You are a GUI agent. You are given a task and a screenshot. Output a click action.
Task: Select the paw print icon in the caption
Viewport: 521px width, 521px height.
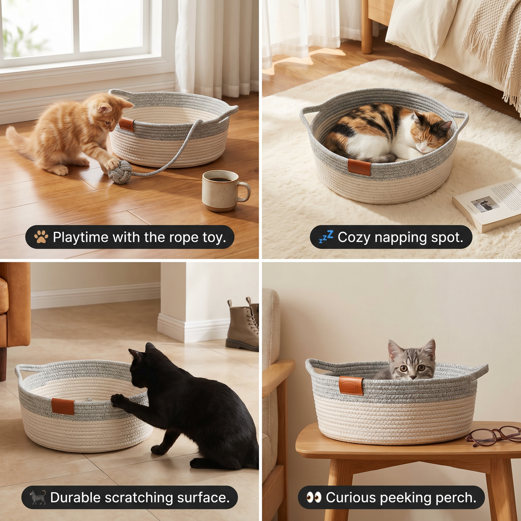click(x=41, y=237)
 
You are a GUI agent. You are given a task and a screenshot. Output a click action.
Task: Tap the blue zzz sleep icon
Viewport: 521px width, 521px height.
click(x=326, y=237)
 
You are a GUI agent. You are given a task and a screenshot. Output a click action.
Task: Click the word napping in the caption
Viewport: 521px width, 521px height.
click(x=401, y=238)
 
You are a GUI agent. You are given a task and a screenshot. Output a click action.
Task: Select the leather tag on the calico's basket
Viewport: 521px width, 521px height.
click(x=359, y=167)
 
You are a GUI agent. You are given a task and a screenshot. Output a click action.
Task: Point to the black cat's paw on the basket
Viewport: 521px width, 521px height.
click(x=118, y=399)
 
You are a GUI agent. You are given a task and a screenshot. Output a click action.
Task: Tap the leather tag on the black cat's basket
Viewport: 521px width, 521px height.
click(x=63, y=406)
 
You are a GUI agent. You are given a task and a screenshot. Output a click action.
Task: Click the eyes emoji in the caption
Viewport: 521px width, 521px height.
click(x=314, y=498)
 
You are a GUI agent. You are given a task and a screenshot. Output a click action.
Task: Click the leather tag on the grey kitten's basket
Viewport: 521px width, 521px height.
click(x=351, y=385)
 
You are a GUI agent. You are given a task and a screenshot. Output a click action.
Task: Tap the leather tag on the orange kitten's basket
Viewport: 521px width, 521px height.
click(x=127, y=125)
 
